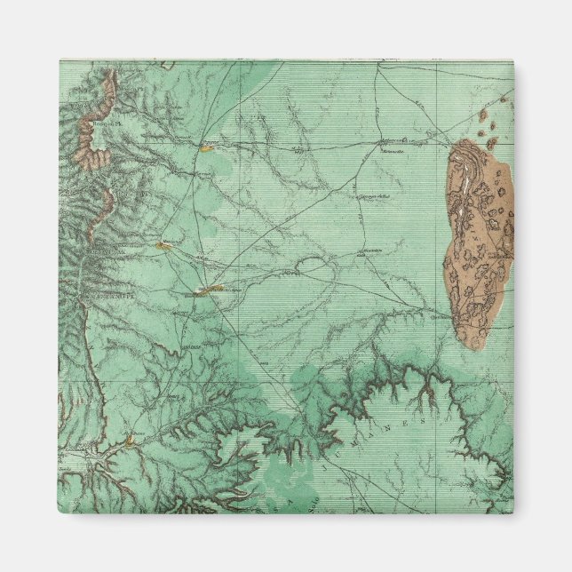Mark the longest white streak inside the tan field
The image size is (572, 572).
click(463, 182)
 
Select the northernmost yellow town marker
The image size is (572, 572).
click(207, 148)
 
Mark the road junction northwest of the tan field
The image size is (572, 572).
click(379, 141)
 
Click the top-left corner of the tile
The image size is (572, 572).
click(60, 60)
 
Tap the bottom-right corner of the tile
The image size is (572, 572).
click(513, 513)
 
